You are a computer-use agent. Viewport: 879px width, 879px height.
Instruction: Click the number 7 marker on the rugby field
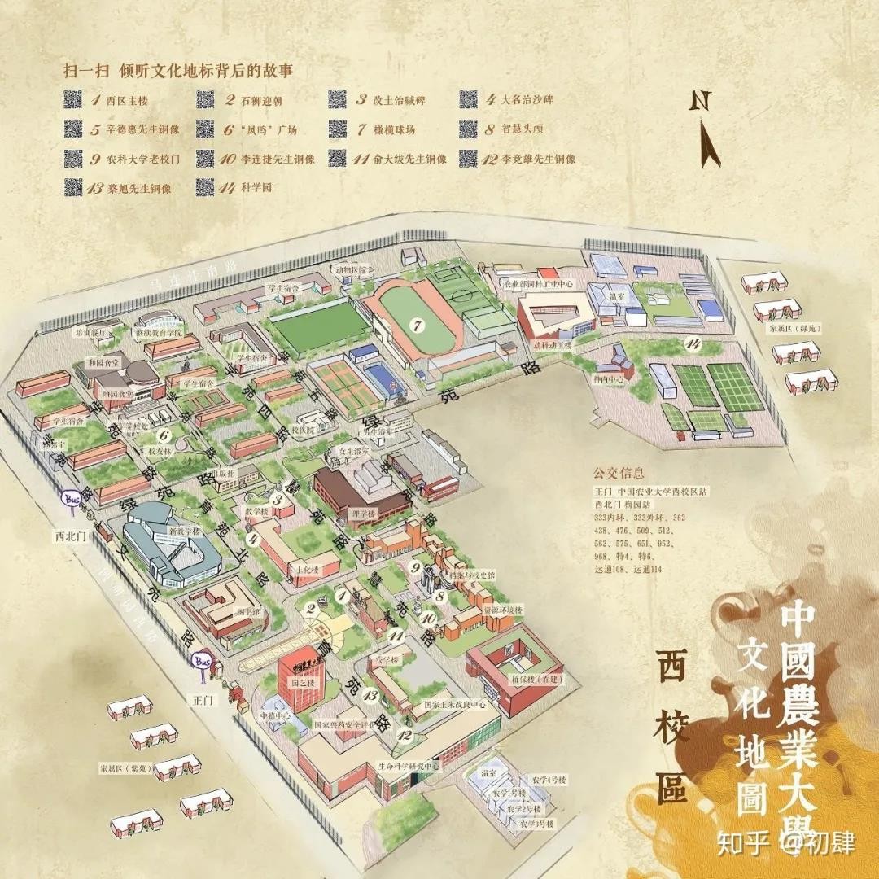coord(418,326)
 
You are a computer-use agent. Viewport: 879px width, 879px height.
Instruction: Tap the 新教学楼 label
coord(183,531)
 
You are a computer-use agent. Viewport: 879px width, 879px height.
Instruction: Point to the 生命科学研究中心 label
coord(408,766)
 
